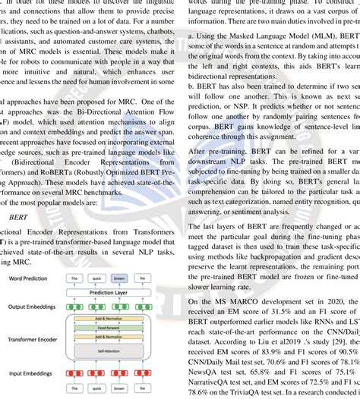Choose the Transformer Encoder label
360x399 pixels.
tap(35, 339)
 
